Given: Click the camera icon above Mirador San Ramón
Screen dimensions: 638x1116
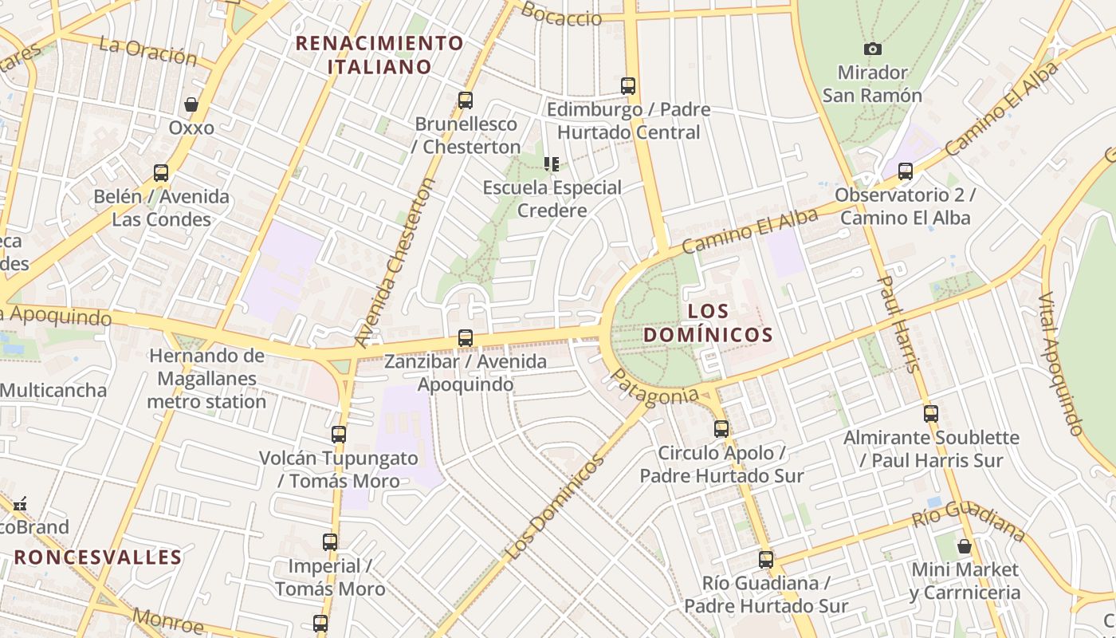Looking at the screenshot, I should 873,49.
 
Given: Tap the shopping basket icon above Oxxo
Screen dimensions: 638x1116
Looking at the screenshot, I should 191,104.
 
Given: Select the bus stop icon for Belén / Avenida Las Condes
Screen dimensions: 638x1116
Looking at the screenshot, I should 161,173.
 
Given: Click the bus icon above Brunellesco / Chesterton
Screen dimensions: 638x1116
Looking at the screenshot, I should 466,101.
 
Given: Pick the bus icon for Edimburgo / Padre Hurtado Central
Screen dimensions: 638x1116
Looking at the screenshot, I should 628,86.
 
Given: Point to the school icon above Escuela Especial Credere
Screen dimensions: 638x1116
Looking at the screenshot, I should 551,164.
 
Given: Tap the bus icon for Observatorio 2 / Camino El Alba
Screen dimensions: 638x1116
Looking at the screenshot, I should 905,171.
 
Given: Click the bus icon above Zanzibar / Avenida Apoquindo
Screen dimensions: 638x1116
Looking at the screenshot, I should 466,338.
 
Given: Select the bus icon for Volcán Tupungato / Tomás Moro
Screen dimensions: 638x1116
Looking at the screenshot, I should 339,435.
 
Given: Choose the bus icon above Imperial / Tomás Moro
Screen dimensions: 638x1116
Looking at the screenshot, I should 330,542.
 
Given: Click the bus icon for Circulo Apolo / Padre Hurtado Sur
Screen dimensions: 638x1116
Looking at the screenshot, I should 721,429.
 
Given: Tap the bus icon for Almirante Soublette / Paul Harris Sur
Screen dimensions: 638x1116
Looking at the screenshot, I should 931,414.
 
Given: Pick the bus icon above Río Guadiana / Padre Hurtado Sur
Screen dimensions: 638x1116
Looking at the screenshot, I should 766,560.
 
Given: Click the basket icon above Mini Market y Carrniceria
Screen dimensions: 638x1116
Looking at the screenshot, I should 965,547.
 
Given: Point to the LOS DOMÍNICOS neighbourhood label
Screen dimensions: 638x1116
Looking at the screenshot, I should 708,322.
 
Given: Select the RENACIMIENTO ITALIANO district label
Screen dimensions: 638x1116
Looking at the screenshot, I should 379,54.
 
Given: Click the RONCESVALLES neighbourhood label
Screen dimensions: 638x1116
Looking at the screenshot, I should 98,557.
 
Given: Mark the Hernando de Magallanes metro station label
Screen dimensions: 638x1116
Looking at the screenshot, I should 207,379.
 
